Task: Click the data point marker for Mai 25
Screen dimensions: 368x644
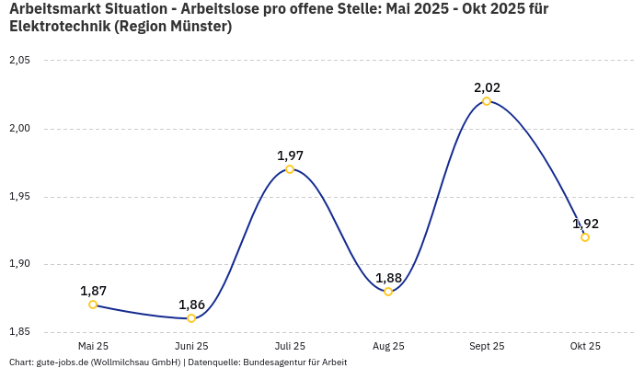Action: (x=93, y=305)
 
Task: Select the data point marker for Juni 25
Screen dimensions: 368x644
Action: (x=191, y=318)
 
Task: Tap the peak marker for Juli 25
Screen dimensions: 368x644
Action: (x=290, y=169)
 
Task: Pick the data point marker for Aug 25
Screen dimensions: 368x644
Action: (x=388, y=292)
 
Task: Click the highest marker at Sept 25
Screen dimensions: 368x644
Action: (x=487, y=101)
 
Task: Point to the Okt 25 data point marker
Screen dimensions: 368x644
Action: (x=585, y=237)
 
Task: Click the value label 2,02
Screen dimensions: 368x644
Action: (x=487, y=87)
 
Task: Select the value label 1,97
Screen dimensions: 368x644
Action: (x=290, y=155)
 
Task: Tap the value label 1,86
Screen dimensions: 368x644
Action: (x=191, y=305)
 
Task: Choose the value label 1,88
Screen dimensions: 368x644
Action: (x=388, y=278)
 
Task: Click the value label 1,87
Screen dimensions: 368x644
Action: (x=93, y=291)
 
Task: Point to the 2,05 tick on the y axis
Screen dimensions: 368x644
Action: (x=19, y=61)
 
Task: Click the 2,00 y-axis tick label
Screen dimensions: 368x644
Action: (x=19, y=129)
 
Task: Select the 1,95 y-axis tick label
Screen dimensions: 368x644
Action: (x=19, y=197)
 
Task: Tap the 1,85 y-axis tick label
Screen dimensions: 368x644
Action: (x=19, y=332)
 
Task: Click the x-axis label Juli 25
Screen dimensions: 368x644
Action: (x=290, y=347)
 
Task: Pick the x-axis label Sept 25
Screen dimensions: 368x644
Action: (x=487, y=347)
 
